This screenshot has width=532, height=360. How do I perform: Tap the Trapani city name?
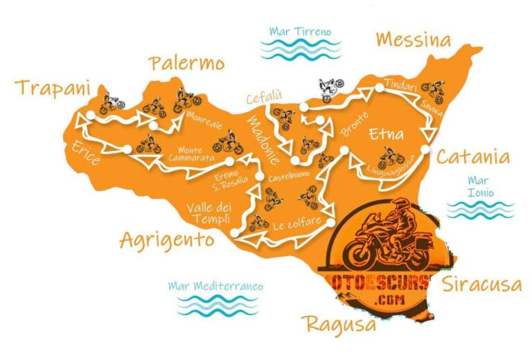pyautogui.click(x=54, y=88)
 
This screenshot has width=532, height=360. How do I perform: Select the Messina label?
pyautogui.click(x=413, y=39)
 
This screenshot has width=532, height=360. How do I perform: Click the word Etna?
pyautogui.click(x=386, y=133)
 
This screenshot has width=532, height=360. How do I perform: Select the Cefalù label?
pyautogui.click(x=264, y=98)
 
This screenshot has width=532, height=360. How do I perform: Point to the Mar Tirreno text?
pyautogui.click(x=300, y=31)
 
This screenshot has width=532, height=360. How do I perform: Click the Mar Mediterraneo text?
pyautogui.click(x=215, y=285)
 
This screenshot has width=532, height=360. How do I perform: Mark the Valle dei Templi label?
pyautogui.click(x=208, y=211)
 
